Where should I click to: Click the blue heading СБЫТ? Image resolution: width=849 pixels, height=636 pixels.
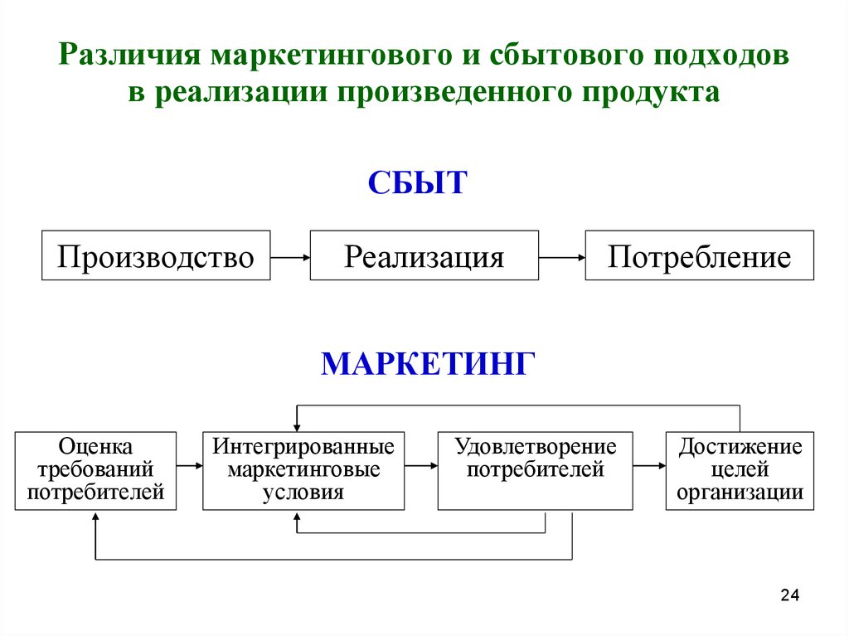(417, 182)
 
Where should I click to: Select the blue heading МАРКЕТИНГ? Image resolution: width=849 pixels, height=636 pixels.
(428, 363)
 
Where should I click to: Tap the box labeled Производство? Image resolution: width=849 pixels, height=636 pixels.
(156, 255)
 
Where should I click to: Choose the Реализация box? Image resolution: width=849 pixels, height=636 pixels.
(424, 255)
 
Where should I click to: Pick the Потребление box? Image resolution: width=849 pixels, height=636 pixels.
(699, 255)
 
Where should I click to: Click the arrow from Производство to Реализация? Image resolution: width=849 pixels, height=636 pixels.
(290, 257)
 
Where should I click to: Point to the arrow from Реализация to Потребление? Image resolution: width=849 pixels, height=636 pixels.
(562, 257)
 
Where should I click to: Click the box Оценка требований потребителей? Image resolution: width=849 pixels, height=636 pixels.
(95, 471)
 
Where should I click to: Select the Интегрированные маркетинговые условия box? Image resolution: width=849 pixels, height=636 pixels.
(303, 471)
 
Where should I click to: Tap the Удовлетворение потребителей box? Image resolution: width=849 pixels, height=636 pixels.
(535, 471)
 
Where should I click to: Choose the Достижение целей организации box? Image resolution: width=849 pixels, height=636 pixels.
(740, 471)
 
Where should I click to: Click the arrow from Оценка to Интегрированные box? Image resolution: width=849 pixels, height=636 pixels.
(190, 465)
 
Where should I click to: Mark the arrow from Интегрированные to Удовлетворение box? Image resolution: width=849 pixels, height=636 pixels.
(421, 465)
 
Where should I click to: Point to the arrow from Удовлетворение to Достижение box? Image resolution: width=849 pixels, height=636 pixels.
(649, 465)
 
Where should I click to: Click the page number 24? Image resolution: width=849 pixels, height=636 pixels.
(790, 595)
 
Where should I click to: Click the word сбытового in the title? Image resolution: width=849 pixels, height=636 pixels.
(566, 56)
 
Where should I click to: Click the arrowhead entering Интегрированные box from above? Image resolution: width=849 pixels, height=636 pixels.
(297, 427)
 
